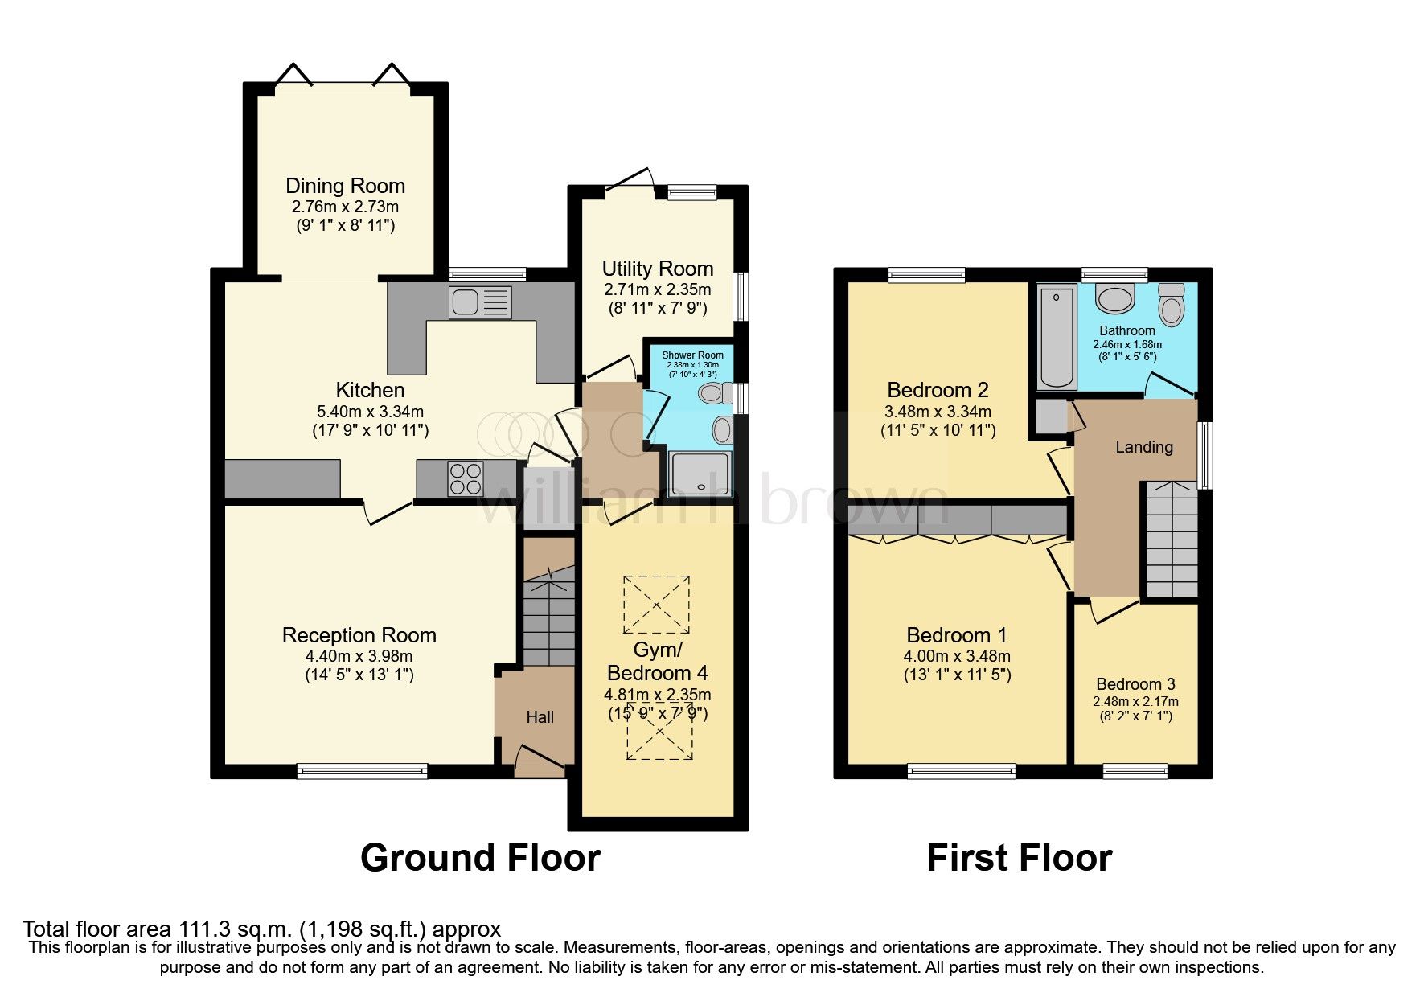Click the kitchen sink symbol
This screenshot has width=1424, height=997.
(x=480, y=303)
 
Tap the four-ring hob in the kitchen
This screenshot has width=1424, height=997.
(x=466, y=478)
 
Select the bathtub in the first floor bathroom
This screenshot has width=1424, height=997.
(x=1057, y=338)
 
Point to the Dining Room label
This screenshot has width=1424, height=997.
(x=345, y=186)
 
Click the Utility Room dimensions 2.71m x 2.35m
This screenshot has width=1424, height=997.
(x=657, y=289)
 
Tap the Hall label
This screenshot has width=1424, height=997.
(x=540, y=717)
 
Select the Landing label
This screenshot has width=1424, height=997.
(x=1143, y=447)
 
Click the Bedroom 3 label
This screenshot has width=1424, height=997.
(x=1135, y=684)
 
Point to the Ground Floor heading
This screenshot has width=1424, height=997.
(x=480, y=858)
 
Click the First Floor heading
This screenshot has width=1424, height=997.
(x=1019, y=858)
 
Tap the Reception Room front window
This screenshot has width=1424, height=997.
(x=362, y=771)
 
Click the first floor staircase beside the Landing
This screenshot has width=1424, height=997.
(x=1172, y=539)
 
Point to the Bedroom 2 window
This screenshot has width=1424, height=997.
(x=926, y=275)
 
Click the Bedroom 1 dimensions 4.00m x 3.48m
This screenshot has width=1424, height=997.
(x=956, y=656)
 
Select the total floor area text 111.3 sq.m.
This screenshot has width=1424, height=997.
(x=261, y=929)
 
